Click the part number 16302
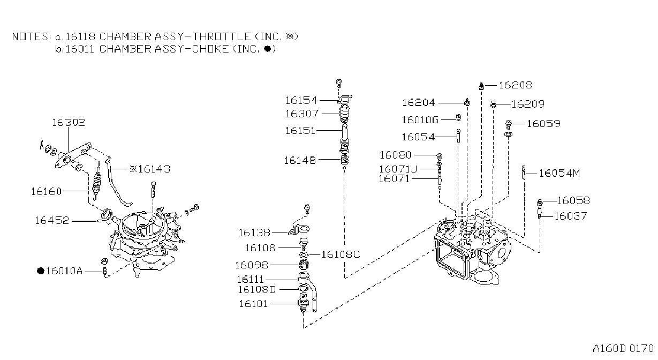click(69, 123)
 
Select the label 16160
click(47, 192)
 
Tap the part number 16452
click(52, 220)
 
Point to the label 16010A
click(64, 271)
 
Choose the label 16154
click(301, 101)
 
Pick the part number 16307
click(302, 114)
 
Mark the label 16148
click(300, 161)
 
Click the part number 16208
click(516, 85)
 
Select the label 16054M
click(559, 174)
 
